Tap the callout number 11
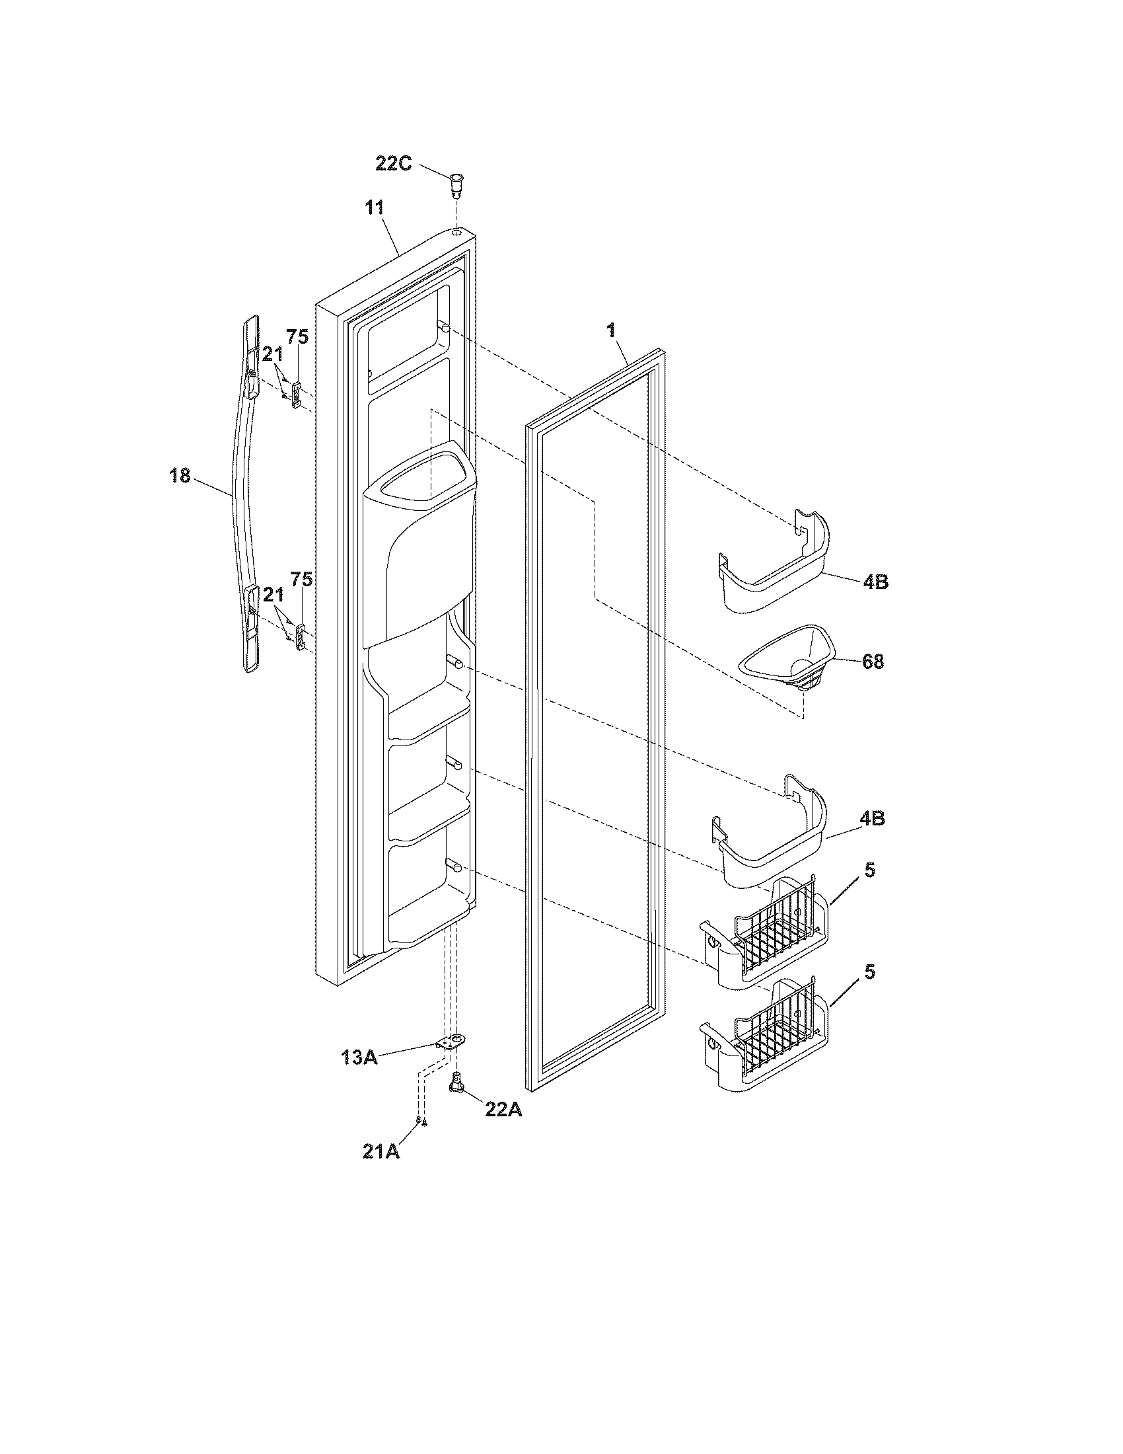[x=374, y=208]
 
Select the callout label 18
[x=180, y=476]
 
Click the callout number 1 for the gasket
[x=611, y=330]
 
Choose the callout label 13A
[x=359, y=1057]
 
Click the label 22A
[x=503, y=1110]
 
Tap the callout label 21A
[x=381, y=1151]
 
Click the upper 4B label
[x=875, y=581]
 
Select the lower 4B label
[x=871, y=818]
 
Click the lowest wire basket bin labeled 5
[x=765, y=1047]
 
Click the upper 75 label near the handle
[x=297, y=337]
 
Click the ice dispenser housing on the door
[x=419, y=539]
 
